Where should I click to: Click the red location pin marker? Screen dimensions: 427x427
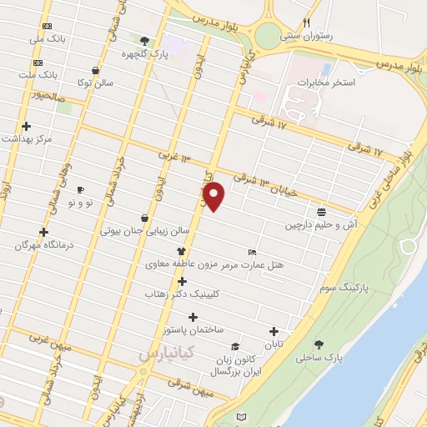215,197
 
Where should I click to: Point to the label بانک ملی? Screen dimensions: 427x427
47,39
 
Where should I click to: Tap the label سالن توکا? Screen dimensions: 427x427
93,84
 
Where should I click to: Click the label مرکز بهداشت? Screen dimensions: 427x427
27,139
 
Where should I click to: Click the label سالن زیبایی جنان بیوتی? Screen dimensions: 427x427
146,230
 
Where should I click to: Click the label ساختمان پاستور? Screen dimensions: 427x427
195,330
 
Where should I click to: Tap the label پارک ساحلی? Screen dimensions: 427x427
319,359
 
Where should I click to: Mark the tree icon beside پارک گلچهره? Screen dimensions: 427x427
145,41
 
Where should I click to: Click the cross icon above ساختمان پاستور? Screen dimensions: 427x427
193,317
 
